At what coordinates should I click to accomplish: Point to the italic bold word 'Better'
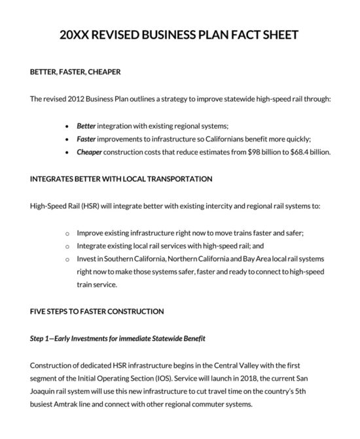[x=86, y=125]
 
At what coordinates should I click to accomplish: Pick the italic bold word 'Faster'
[x=86, y=139]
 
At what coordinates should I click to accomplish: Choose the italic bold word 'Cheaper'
[x=89, y=152]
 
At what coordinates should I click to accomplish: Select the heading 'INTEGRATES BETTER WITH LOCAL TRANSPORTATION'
[x=121, y=178]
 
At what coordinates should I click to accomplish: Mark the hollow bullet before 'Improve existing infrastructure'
[x=68, y=233]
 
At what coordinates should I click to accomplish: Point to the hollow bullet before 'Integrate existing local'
[x=68, y=246]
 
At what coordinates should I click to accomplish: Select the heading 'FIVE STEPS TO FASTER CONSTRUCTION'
[x=97, y=311]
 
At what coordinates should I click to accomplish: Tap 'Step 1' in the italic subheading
[x=42, y=338]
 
